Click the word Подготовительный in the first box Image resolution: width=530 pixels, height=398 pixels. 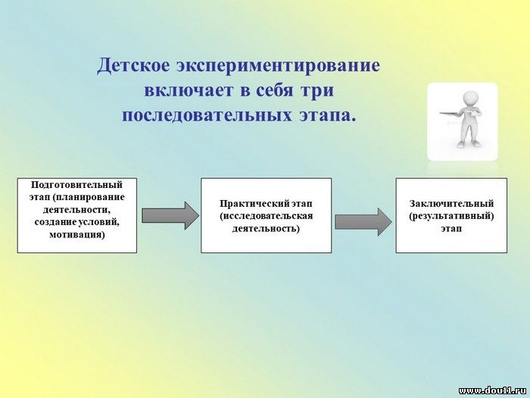tap(76, 185)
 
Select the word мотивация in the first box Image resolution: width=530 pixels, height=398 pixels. tap(77, 234)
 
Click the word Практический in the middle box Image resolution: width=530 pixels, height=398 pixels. tap(254, 204)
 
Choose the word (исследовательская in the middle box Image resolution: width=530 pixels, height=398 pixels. tap(267, 216)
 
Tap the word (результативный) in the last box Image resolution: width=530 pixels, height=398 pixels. tap(451, 216)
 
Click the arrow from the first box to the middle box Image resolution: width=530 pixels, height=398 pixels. tap(170, 215)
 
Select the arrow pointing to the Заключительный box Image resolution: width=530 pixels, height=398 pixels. tap(363, 222)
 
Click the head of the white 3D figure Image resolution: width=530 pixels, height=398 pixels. tap(470, 99)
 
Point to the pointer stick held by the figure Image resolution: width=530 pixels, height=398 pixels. tap(455, 114)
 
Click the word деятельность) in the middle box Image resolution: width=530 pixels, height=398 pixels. tap(266, 228)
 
